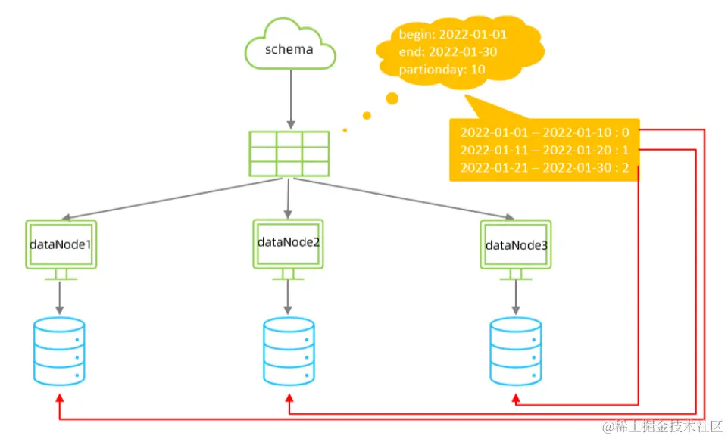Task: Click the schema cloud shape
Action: [x=289, y=48]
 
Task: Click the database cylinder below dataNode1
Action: [x=59, y=351]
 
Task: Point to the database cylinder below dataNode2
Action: [x=288, y=351]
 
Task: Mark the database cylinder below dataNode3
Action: [x=515, y=351]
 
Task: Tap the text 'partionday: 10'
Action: [x=431, y=70]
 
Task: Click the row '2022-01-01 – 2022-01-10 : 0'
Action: [x=545, y=132]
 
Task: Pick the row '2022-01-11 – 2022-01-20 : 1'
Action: [x=545, y=150]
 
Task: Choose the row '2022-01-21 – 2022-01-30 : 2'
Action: [x=545, y=167]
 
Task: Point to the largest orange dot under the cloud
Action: [x=392, y=98]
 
